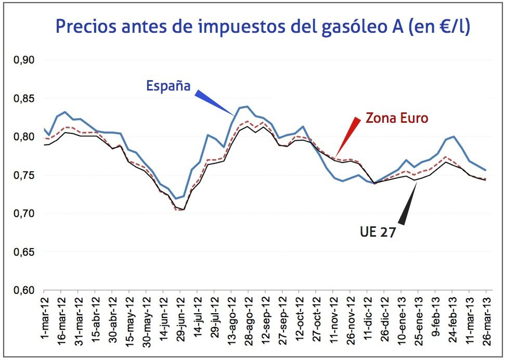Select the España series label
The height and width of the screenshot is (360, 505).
168,86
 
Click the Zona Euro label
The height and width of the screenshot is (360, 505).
397,118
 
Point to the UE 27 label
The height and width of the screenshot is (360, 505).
378,232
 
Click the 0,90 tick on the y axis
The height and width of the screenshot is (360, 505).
23,60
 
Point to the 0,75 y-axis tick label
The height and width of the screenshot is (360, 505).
23,175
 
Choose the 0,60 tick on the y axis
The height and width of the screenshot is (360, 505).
23,290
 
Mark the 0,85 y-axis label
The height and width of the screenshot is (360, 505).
23,99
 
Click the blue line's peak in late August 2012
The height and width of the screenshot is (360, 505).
247,107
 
